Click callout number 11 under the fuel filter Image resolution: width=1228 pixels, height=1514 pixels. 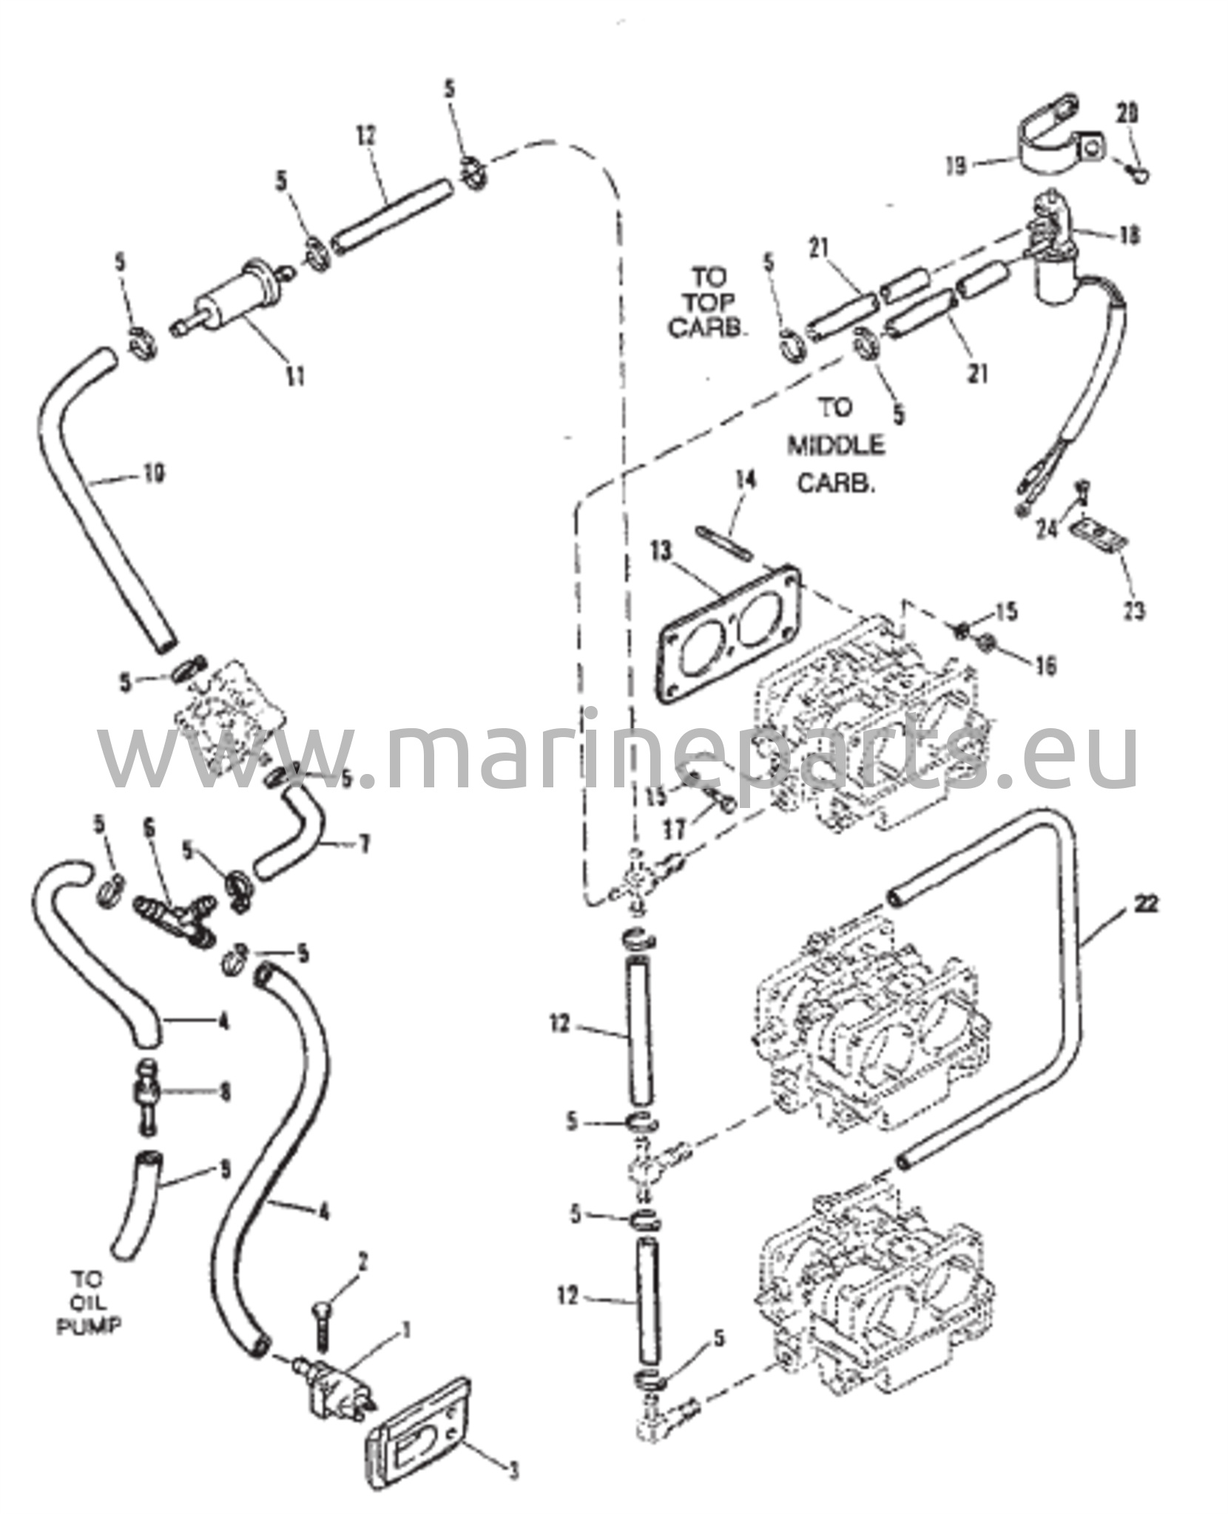tap(296, 376)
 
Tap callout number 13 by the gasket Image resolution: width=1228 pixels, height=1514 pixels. tap(663, 551)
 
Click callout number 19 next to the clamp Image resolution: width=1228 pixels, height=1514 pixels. tap(956, 167)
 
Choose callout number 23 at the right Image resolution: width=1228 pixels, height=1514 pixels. tap(1135, 611)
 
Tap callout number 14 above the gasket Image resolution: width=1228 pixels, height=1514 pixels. tap(746, 481)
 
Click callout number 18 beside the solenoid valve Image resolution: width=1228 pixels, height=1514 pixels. tap(1130, 235)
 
